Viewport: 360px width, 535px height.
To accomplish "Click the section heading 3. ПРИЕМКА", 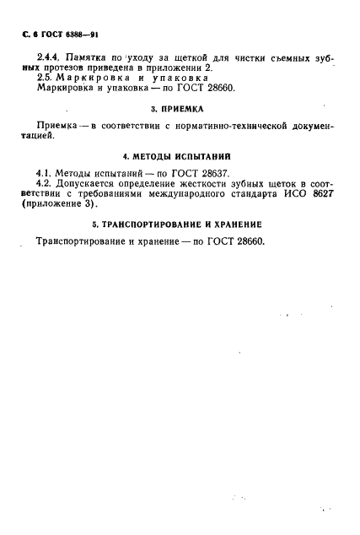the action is pos(180,109).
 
